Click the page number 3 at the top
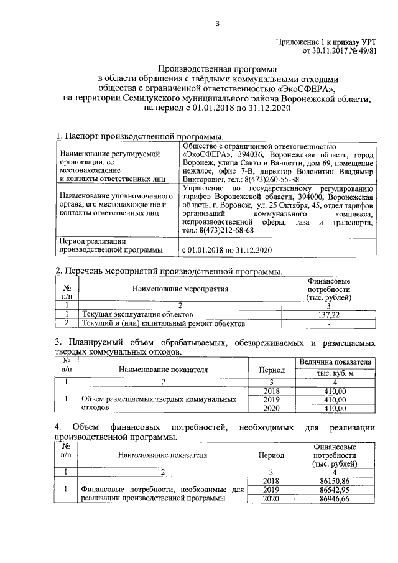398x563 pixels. (217, 24)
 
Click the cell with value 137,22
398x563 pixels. (328, 315)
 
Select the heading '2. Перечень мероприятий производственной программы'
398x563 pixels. (169, 271)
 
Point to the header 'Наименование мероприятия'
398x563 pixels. (180, 289)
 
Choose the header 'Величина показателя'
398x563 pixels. (335, 361)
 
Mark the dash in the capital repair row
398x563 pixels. (328, 323)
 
